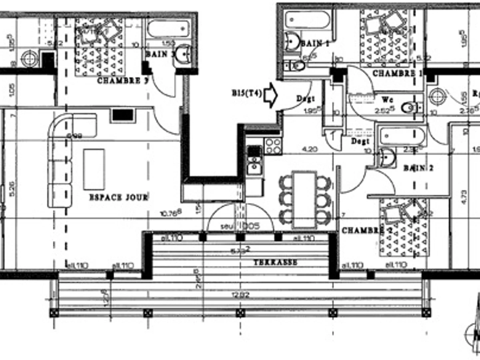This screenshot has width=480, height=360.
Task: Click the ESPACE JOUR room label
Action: coord(118,197)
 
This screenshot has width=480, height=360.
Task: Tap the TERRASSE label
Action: coord(275,262)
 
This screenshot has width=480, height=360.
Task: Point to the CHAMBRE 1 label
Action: coord(398,74)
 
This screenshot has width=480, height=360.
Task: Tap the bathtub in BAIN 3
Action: coord(168,28)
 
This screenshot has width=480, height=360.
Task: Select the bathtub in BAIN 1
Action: coord(308,20)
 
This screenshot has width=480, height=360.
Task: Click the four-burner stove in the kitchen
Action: coord(273,146)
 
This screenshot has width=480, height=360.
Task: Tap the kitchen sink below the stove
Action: coord(254,160)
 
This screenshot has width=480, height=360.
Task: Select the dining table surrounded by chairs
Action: coord(304,199)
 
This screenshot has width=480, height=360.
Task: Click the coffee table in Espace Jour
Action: coord(94,169)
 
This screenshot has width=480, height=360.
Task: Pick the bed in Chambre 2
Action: coord(404,227)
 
